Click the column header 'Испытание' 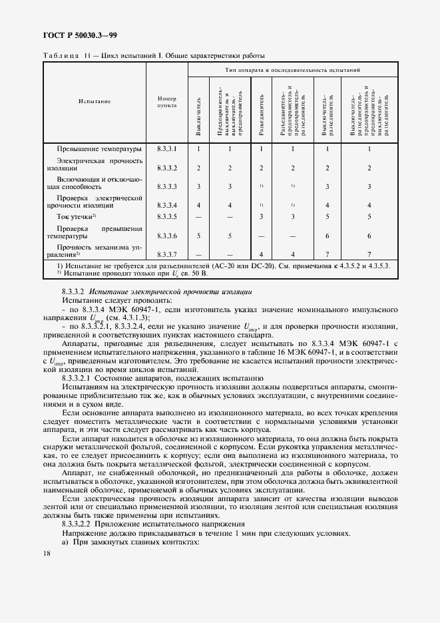[94, 101]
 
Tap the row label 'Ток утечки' [77, 216]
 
